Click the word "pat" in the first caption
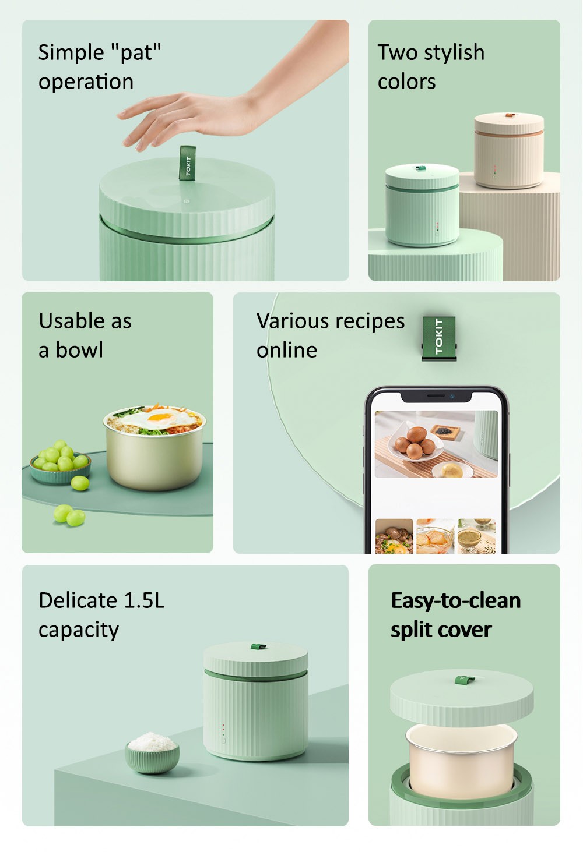click(136, 53)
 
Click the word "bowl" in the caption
click(79, 350)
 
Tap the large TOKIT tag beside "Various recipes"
click(438, 337)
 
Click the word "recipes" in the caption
click(370, 321)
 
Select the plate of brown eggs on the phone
click(415, 443)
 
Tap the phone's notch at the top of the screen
click(436, 396)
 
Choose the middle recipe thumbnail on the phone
click(435, 536)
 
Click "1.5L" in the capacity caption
click(144, 600)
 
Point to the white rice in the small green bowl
click(152, 743)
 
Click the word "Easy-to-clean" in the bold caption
click(455, 600)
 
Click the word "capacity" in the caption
click(79, 630)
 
